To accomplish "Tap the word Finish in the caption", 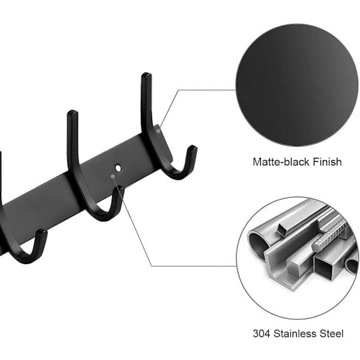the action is click(328, 161).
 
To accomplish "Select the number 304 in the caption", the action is click(262, 334).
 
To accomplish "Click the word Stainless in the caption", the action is click(294, 334).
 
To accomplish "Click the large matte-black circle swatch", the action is click(297, 85).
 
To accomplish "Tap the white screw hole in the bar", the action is click(118, 168).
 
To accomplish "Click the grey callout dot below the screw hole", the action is click(113, 176).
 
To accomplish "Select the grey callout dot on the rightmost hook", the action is click(158, 131).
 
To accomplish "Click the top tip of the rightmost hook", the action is click(146, 74).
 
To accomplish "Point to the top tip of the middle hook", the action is click(73, 112).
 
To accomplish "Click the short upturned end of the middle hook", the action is click(119, 190).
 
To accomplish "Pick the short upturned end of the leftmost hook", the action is click(42, 232).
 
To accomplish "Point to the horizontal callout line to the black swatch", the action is click(207, 90).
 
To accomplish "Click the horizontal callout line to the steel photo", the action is click(194, 266).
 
